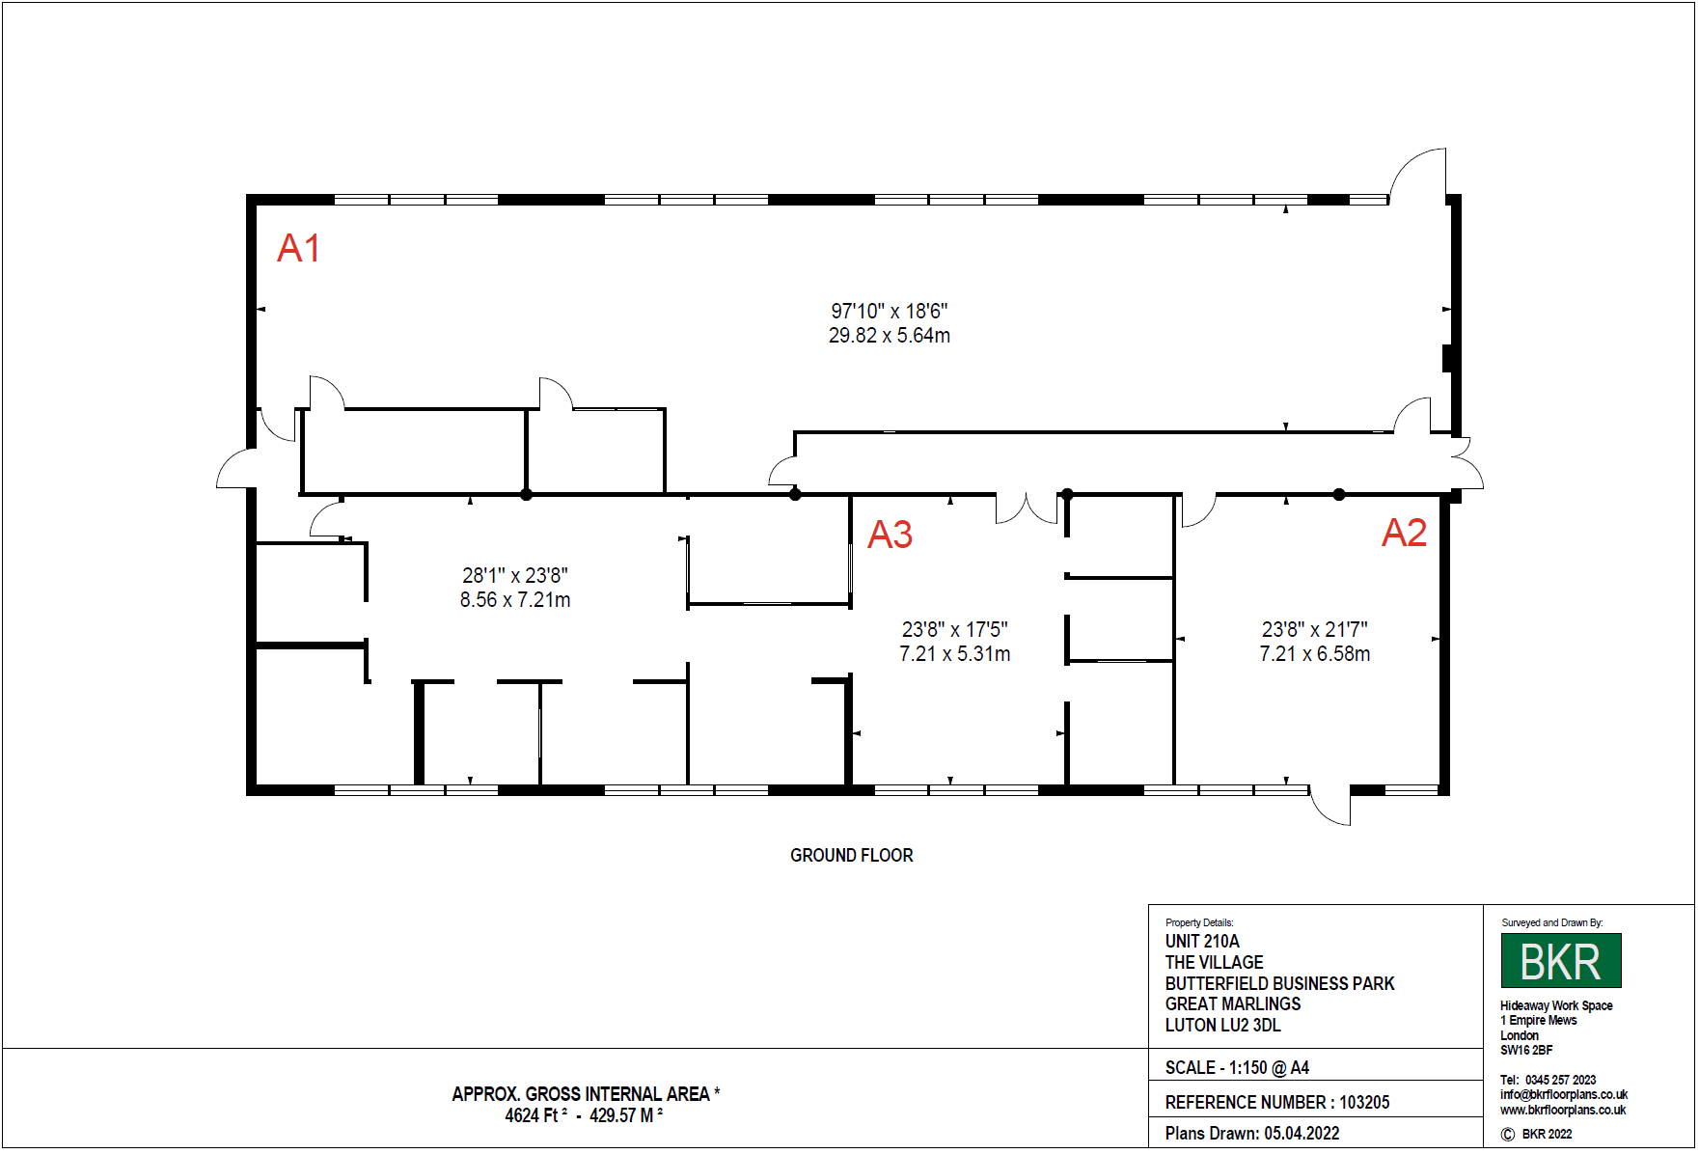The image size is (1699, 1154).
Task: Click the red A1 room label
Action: [x=298, y=248]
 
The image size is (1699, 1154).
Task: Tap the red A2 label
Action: [x=1404, y=533]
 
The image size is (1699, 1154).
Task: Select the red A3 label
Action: [x=890, y=535]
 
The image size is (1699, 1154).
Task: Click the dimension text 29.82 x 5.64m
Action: [x=890, y=336]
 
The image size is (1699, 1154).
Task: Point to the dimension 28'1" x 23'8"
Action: [x=515, y=575]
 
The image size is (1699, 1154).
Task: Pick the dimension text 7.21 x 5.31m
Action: [x=955, y=654]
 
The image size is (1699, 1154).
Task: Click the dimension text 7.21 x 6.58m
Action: [x=1315, y=654]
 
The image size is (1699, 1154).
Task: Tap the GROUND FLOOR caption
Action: [x=852, y=855]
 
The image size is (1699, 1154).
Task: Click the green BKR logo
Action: [x=1561, y=960]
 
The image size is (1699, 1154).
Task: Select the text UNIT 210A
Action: [x=1202, y=941]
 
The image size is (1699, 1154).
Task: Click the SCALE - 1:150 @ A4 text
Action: [x=1237, y=1067]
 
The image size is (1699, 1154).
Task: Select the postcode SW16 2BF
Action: [x=1526, y=1050]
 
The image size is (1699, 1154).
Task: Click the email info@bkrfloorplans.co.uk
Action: [x=1564, y=1094]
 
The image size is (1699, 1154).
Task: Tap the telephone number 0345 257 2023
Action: [x=1560, y=1080]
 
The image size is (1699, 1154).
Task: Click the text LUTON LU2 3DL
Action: [x=1222, y=1025]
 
